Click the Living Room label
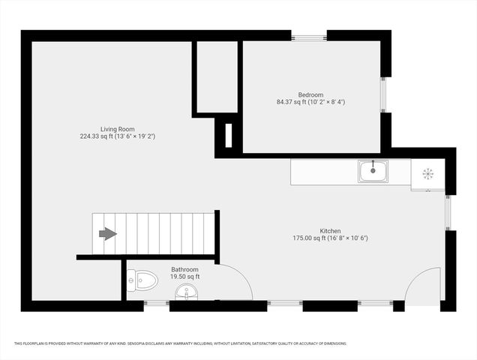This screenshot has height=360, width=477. point(117,129)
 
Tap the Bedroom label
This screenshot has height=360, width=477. point(310,94)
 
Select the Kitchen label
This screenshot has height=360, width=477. point(330,231)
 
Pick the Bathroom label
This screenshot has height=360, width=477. point(184,269)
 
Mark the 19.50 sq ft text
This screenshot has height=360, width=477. point(184,277)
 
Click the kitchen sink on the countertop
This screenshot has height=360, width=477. point(373,172)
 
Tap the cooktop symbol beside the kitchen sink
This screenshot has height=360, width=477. point(427,173)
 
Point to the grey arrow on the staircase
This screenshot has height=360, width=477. point(108,234)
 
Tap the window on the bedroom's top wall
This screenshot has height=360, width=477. point(308,36)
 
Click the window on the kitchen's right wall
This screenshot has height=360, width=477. point(448,212)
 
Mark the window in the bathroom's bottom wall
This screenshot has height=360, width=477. point(157,304)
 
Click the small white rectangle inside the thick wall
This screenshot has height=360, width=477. point(228,134)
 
